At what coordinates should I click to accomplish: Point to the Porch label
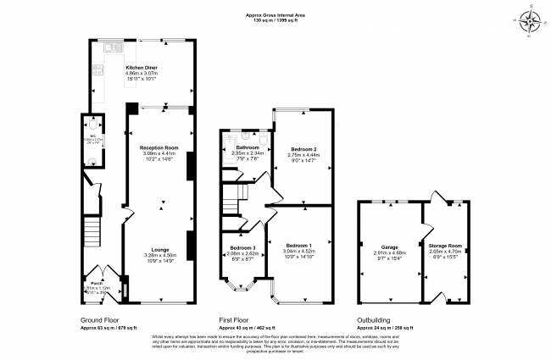(x=97, y=283)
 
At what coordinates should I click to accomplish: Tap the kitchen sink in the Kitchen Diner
(x=112, y=48)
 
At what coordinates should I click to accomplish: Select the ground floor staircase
(x=92, y=232)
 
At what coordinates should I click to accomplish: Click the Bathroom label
(x=247, y=147)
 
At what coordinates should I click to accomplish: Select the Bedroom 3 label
(x=242, y=247)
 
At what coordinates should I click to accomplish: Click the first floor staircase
(x=232, y=202)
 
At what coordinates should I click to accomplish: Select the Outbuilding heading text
(x=375, y=320)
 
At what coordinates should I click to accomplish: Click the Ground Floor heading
(x=99, y=320)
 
